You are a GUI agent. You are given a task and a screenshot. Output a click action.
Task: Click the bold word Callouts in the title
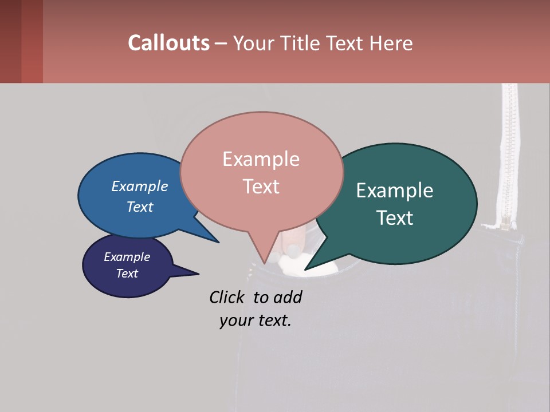coord(168,43)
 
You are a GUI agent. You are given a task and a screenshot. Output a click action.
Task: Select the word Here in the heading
coord(392,43)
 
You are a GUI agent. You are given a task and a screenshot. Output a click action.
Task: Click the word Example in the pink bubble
coord(261,159)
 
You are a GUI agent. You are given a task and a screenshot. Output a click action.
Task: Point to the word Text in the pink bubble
coord(261,187)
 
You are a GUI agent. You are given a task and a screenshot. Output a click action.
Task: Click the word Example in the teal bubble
coord(395,191)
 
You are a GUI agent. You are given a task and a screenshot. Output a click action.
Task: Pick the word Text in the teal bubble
coord(395,218)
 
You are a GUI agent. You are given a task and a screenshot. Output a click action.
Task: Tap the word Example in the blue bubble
coord(140,186)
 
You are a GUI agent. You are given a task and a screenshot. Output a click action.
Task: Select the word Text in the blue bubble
coord(140,207)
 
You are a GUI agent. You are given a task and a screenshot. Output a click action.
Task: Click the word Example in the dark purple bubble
coord(127,257)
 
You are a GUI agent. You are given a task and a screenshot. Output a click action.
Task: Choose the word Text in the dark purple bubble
coord(127,274)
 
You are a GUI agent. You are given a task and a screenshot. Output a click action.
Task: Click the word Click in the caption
coord(229,298)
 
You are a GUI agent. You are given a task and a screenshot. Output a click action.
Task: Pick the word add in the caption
coord(288,298)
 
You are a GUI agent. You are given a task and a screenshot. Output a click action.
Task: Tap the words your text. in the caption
coord(256,320)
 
